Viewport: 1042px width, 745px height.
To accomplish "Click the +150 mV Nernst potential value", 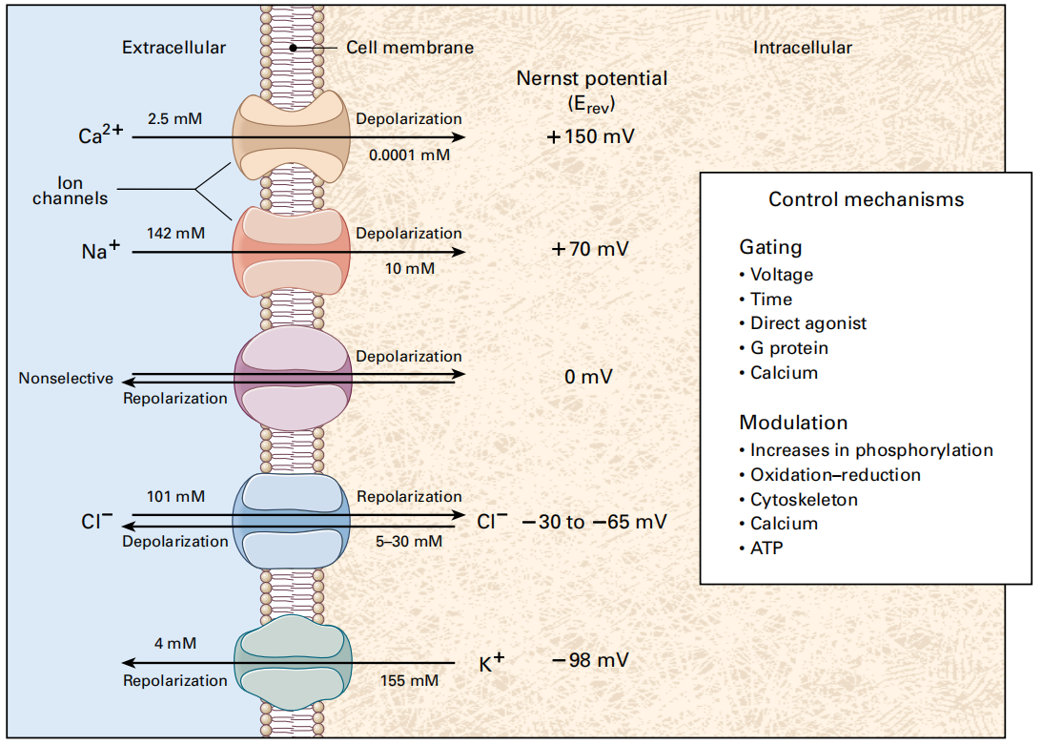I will (x=591, y=136).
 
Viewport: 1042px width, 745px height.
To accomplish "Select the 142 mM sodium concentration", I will (x=175, y=232).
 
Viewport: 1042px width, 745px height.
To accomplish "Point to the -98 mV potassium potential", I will (x=591, y=660).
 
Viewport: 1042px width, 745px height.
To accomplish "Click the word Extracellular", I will (x=174, y=47).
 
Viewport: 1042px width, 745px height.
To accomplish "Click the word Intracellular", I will (x=803, y=47).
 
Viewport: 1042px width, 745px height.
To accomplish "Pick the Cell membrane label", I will (x=410, y=47).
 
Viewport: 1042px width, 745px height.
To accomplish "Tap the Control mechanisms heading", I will (x=866, y=199).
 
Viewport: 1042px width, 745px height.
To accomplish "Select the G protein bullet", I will (x=788, y=348).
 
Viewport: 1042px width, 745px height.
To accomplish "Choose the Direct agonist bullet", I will (x=807, y=323).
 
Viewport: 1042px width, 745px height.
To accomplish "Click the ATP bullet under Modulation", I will (x=766, y=548).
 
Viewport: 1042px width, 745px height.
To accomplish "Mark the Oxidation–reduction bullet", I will (x=835, y=474).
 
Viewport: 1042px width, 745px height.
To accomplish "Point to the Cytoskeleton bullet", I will (x=804, y=499).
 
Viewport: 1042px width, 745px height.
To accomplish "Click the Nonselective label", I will (x=66, y=379).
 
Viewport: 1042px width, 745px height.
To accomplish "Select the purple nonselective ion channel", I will (x=293, y=376).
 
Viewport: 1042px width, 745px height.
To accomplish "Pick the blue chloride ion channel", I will (x=293, y=521).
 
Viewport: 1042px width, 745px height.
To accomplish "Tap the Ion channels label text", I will (x=70, y=191).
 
